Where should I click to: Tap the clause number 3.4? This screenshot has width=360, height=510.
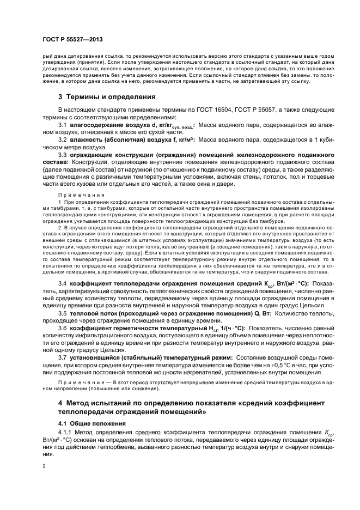(x=63, y=284)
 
